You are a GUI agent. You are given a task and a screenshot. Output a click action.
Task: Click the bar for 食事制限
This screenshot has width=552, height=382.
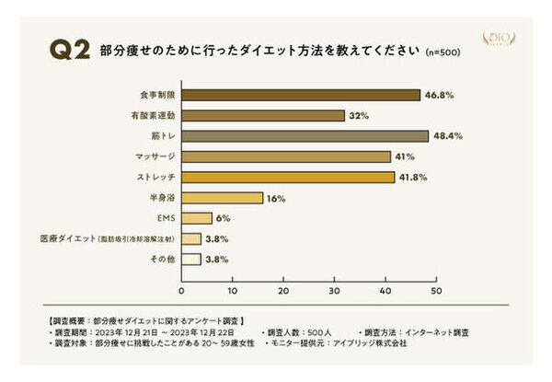(300, 95)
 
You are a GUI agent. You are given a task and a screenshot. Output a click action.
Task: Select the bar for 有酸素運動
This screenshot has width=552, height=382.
(262, 115)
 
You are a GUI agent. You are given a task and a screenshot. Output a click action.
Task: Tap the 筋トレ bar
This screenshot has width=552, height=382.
(304, 136)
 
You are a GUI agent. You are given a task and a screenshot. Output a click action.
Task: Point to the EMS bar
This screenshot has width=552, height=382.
(196, 218)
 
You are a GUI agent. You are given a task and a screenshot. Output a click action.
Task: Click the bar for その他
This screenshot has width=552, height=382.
(190, 260)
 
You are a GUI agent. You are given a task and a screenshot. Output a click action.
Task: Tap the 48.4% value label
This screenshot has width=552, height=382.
(447, 136)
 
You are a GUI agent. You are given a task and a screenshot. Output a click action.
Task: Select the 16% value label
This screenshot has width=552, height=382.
(275, 198)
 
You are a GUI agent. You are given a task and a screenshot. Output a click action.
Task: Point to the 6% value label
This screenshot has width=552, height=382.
(223, 218)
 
